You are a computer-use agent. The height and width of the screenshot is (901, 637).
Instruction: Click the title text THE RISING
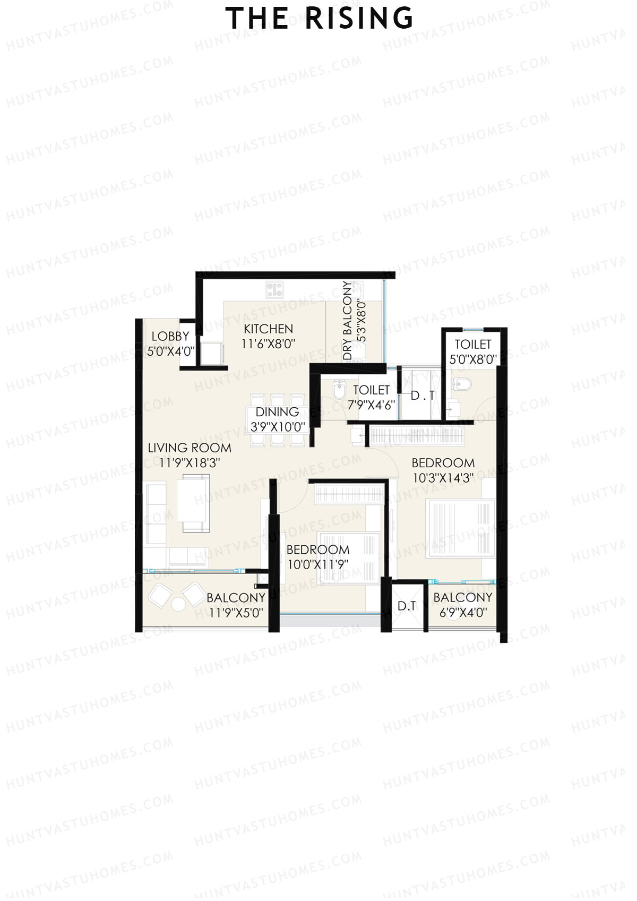tap(319, 19)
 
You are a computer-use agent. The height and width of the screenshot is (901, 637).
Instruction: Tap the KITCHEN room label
tap(268, 329)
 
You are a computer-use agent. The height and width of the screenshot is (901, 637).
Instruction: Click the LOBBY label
tap(170, 336)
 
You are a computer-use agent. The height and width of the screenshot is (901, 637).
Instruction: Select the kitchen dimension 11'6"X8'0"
tap(268, 344)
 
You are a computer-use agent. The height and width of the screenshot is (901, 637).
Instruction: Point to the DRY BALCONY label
tap(348, 320)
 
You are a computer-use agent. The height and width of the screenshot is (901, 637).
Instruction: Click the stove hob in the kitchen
tap(274, 289)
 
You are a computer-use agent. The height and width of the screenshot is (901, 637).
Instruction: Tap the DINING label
tap(277, 412)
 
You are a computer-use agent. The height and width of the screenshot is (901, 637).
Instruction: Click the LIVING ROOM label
tap(190, 448)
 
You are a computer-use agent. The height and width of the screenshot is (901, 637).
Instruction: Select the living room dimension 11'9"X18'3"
tap(190, 463)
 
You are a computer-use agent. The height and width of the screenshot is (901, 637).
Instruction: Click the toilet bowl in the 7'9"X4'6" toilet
tap(338, 389)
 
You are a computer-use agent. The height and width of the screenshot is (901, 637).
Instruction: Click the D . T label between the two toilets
tap(423, 396)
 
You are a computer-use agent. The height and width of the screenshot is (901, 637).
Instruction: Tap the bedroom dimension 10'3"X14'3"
tap(443, 478)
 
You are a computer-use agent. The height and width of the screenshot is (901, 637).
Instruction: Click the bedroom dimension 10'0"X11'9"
tap(318, 564)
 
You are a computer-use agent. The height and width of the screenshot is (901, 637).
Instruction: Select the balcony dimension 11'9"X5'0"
tap(236, 613)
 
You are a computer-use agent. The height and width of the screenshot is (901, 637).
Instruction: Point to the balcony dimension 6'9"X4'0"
tap(463, 613)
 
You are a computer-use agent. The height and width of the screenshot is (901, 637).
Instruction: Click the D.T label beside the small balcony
tap(407, 606)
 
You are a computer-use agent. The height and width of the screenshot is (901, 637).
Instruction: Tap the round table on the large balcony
tap(178, 604)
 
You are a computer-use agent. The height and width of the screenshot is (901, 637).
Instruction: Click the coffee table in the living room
tap(193, 499)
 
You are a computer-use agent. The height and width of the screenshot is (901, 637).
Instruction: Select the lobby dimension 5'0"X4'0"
tap(170, 351)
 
